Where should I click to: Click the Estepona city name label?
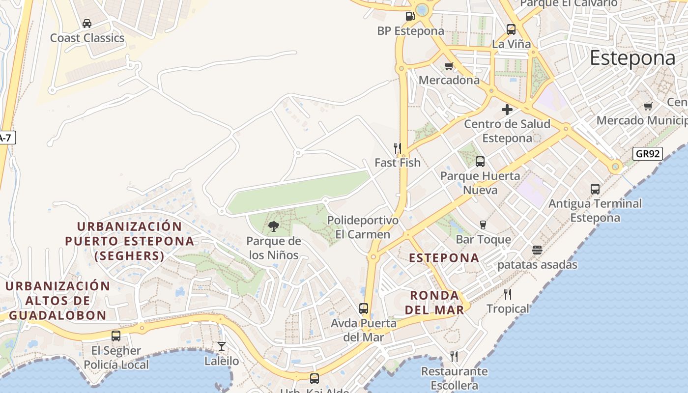(x=632, y=58)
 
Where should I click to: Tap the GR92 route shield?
(x=647, y=154)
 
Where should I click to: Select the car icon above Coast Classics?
(x=87, y=24)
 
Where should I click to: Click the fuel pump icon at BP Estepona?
(x=410, y=16)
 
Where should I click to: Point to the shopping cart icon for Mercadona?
(x=449, y=66)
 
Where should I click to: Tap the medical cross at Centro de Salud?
(x=507, y=110)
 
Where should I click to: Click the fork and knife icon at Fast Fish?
(x=398, y=148)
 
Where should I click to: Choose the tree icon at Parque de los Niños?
(x=274, y=226)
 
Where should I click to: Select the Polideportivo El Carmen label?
(x=363, y=227)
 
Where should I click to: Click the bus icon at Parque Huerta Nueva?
(x=480, y=161)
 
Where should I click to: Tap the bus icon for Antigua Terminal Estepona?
(x=595, y=189)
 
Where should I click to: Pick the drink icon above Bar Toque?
(x=483, y=225)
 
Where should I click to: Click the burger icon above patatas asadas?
(x=537, y=250)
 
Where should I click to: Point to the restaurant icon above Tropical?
(x=508, y=294)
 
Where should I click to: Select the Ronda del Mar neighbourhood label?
(x=437, y=303)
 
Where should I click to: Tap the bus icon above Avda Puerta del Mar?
(x=364, y=309)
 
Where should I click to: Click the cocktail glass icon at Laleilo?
(x=222, y=346)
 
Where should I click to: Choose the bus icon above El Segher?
(x=116, y=336)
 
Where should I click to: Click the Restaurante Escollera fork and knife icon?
(x=454, y=357)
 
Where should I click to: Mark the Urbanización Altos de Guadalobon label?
(x=57, y=301)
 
